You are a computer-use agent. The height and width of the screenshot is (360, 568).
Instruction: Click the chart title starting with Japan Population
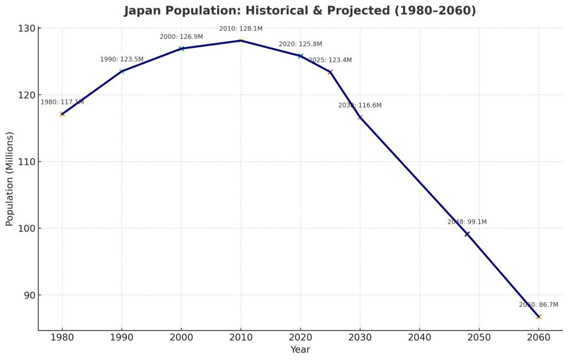click(x=300, y=11)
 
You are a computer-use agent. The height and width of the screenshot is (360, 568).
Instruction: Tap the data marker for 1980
click(x=62, y=114)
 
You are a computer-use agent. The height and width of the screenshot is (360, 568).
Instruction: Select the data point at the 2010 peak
click(x=241, y=40)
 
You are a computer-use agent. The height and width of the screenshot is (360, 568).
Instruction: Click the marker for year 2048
click(x=467, y=234)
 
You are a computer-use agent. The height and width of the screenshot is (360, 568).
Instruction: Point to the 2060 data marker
click(x=538, y=317)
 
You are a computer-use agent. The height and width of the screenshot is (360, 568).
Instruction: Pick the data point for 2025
click(x=330, y=72)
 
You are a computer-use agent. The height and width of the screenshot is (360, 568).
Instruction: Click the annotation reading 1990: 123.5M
click(x=121, y=59)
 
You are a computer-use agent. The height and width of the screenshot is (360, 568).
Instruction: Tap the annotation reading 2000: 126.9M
click(x=181, y=37)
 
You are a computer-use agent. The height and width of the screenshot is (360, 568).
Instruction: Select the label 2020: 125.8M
click(x=300, y=44)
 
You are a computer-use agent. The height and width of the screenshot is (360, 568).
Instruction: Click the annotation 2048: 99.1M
click(x=467, y=222)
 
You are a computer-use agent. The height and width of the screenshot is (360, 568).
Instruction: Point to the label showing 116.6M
click(x=360, y=105)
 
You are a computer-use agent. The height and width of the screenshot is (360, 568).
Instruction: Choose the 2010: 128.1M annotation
click(x=241, y=28)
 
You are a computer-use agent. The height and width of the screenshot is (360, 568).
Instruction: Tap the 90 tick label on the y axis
click(x=28, y=295)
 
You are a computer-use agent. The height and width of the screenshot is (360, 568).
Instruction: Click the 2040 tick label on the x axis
click(x=419, y=337)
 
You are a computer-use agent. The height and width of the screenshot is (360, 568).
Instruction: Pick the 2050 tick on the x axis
click(x=479, y=337)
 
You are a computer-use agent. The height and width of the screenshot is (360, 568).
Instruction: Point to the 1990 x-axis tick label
click(x=121, y=337)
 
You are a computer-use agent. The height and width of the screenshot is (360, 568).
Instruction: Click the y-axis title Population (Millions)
click(x=9, y=179)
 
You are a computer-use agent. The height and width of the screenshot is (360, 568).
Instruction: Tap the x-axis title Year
click(x=300, y=350)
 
